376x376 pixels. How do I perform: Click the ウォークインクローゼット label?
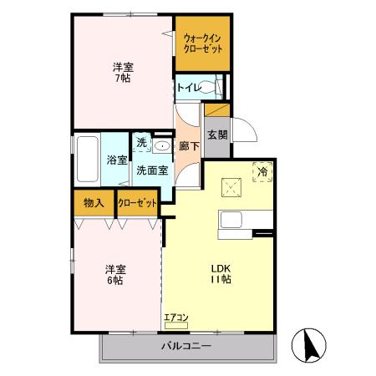coord(203,43)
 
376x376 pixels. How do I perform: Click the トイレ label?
coord(187,87)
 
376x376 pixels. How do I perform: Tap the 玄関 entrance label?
coord(216,135)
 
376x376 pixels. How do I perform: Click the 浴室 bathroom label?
coord(115,160)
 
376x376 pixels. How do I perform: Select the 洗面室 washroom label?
coord(152,170)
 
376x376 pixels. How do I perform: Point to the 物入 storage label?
coord(94,202)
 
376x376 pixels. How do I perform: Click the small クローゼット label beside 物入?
coord(136,202)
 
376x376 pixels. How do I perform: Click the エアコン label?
coord(176,318)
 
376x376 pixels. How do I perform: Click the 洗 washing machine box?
coord(141,143)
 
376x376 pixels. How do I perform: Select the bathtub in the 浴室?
coord(87,161)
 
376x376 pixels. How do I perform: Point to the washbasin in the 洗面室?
coord(162,145)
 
